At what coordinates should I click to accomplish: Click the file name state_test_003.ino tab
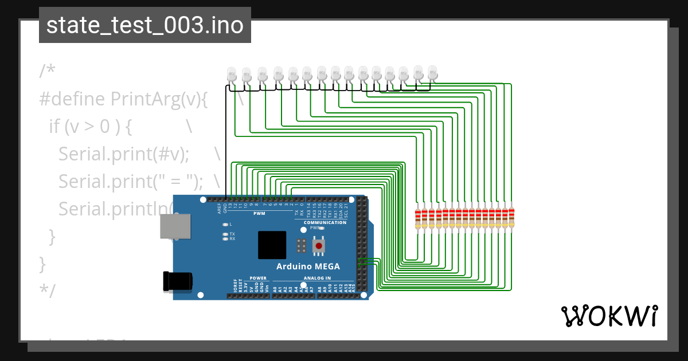tap(144, 25)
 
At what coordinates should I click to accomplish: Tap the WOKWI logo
tap(608, 316)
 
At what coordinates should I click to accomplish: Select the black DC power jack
tap(178, 281)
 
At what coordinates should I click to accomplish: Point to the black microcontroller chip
tap(272, 245)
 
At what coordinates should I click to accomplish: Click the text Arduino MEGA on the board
tap(308, 266)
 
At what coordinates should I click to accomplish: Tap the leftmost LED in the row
tap(232, 75)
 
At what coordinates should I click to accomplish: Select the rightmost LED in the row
tap(432, 73)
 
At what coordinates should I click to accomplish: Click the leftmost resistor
tap(418, 218)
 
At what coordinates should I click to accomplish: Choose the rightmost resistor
tap(512, 218)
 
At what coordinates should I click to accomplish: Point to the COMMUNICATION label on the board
tap(325, 222)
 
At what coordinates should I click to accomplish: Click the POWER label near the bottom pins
tap(258, 278)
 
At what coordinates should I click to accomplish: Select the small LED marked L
tap(225, 224)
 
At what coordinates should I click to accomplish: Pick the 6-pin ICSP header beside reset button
tap(300, 246)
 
